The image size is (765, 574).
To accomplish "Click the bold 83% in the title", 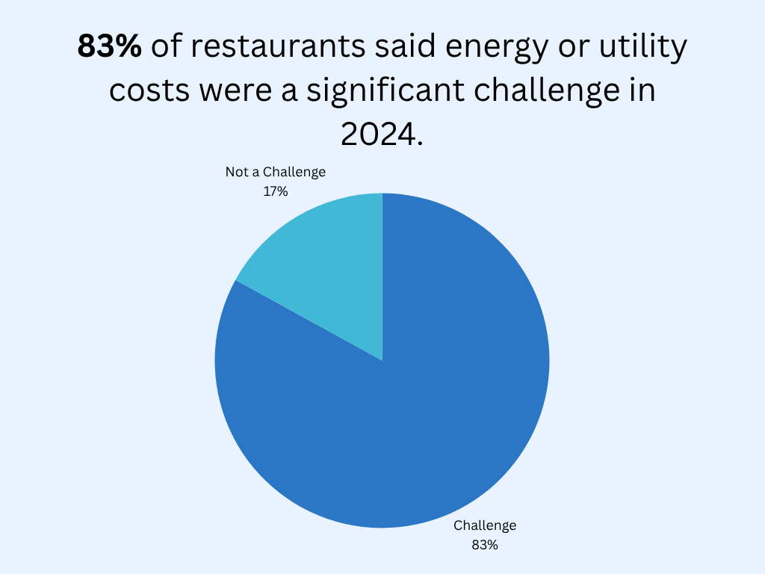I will click(x=109, y=47).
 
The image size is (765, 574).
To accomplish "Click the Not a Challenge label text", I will click(x=276, y=172).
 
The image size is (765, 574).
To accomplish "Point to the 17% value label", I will click(x=276, y=191).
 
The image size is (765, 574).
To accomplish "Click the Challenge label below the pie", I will click(x=485, y=525).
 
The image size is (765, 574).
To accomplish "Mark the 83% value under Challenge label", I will click(x=485, y=545).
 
